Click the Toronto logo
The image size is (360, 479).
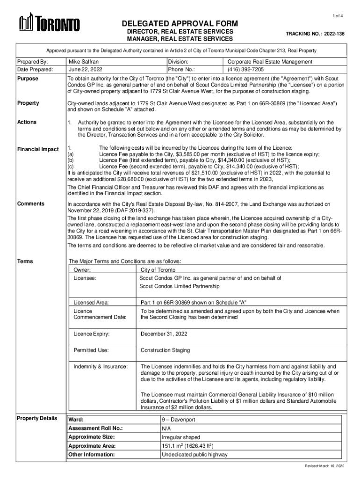pyautogui.click(x=49, y=23)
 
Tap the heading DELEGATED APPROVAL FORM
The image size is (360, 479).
pyautogui.click(x=180, y=24)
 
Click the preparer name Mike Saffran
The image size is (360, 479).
pyautogui.click(x=84, y=62)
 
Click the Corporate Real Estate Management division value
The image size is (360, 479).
pyautogui.click(x=270, y=62)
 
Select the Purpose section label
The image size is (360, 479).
pyautogui.click(x=28, y=79)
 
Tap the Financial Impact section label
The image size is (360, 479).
pyautogui.click(x=38, y=149)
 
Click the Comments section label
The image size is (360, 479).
pyautogui.click(x=31, y=203)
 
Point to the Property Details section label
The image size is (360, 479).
pyautogui.click(x=37, y=418)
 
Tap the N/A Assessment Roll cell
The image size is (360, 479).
pyautogui.click(x=166, y=428)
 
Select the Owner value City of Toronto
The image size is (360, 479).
pyautogui.click(x=158, y=270)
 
